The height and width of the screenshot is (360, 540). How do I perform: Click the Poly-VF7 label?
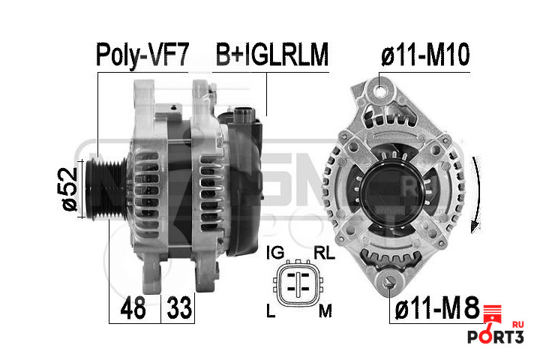point(142,55)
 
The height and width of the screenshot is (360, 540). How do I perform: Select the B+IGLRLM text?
point(272,54)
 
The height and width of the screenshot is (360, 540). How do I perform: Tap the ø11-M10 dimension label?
point(425,54)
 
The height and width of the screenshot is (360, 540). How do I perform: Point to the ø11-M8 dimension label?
point(437,307)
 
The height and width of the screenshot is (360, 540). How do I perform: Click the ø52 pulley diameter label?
point(69,189)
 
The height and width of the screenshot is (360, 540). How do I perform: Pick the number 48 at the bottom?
point(133,307)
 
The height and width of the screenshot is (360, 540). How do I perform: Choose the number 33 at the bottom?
point(179,307)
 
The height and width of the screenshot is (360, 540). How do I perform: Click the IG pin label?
point(275,253)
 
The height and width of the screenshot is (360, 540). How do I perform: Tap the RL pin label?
point(324,253)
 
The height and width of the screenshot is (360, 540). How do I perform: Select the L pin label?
point(271,310)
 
